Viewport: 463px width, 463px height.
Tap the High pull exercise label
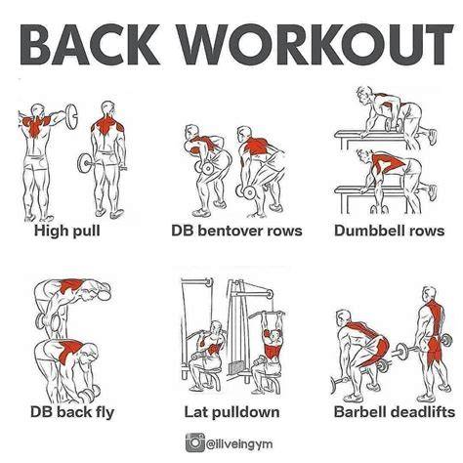pyautogui.click(x=67, y=231)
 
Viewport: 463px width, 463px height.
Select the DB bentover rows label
pyautogui.click(x=236, y=231)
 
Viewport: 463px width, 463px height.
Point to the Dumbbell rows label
pyautogui.click(x=389, y=231)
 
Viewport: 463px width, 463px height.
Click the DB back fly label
pyautogui.click(x=72, y=412)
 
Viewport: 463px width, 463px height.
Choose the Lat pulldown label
pyautogui.click(x=231, y=412)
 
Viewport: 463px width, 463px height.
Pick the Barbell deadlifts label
pyautogui.click(x=394, y=412)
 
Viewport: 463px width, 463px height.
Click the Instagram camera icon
pyautogui.click(x=194, y=442)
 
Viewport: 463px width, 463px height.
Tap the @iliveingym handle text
pyautogui.click(x=239, y=443)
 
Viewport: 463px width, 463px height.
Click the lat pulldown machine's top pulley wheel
pyautogui.click(x=269, y=294)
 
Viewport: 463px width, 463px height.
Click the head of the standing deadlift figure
pyautogui.click(x=429, y=294)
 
